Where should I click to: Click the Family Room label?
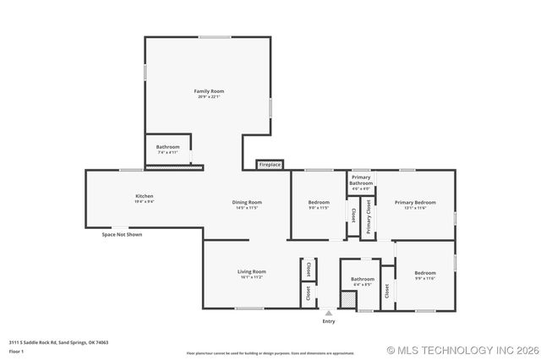[209, 90]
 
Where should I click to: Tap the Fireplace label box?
[270, 164]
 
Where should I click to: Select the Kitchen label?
[144, 195]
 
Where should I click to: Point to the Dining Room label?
[247, 202]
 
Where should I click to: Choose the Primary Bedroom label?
[415, 202]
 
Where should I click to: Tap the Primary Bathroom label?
[361, 180]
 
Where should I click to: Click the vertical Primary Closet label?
[369, 217]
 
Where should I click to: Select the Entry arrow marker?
[328, 313]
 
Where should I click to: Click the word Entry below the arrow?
[328, 322]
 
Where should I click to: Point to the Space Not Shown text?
[122, 234]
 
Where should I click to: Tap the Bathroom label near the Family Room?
[167, 147]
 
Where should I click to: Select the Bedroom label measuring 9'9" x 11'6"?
[424, 272]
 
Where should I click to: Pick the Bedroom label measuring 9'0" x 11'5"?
[319, 202]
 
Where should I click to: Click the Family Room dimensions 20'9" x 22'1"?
[209, 97]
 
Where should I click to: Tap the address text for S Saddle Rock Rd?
[58, 342]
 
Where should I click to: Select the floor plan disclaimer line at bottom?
[270, 353]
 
